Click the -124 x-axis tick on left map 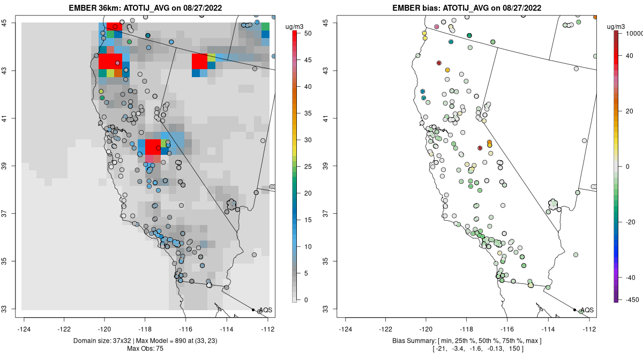click(x=25, y=329)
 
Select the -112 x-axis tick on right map click(x=589, y=329)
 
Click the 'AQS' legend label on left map click(x=265, y=310)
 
